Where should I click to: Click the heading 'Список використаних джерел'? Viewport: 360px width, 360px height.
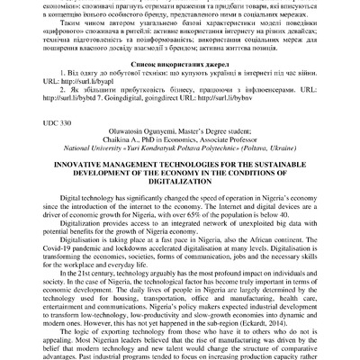(180, 67)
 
